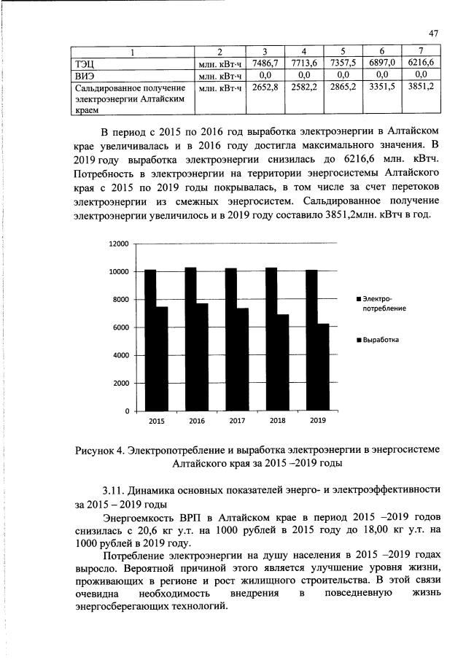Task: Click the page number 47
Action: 432,33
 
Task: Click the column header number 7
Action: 421,52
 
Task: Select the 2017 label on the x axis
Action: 237,421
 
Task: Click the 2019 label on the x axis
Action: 318,421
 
